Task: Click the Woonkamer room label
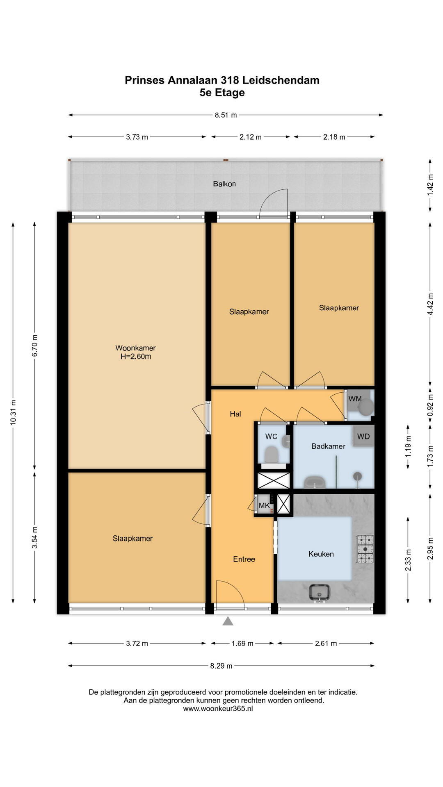[135, 348]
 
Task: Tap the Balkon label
[224, 184]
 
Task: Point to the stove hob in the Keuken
[365, 549]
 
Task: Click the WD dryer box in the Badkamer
[363, 436]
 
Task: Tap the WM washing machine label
[355, 399]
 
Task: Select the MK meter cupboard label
[264, 505]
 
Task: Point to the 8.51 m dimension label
[226, 115]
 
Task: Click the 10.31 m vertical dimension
[13, 412]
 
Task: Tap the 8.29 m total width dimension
[221, 666]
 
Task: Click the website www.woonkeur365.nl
[218, 708]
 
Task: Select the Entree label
[244, 559]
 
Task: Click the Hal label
[235, 414]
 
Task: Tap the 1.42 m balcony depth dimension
[430, 185]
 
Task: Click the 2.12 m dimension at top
[251, 137]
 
